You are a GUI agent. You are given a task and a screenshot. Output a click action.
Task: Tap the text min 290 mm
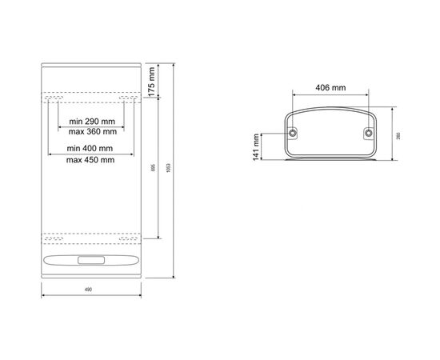[90, 121]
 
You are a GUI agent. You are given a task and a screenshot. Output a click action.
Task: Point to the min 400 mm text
[90, 149]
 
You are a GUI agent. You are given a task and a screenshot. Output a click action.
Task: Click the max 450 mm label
[90, 159]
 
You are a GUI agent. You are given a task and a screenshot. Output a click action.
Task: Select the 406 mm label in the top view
[330, 87]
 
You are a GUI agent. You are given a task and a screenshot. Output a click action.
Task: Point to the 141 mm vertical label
[258, 145]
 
